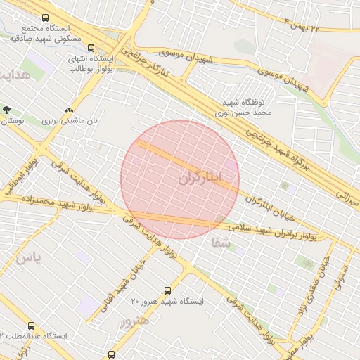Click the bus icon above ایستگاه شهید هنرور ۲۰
click(x=167, y=290)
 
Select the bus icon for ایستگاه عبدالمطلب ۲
click(x=31, y=326)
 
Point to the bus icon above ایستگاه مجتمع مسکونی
click(x=46, y=18)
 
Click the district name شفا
click(x=219, y=243)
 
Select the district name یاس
click(x=28, y=258)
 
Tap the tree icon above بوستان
click(x=7, y=110)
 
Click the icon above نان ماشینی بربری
click(x=69, y=110)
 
